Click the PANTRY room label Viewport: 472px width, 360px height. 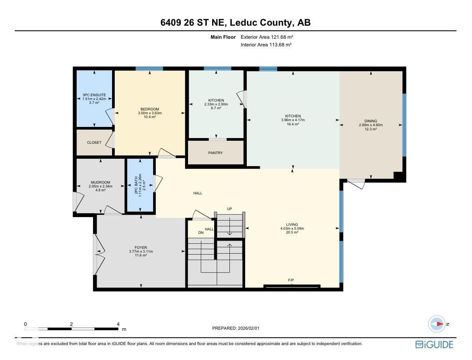click(215, 153)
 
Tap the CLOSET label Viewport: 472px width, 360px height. click(94, 143)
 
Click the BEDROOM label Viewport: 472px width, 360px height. click(150, 109)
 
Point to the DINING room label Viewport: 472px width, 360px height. click(371, 121)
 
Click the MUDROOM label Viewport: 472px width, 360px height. click(101, 182)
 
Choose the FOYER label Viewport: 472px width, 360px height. click(141, 248)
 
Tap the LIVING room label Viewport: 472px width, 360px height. click(292, 225)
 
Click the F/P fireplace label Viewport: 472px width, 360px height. click(291, 280)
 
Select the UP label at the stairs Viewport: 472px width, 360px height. click(229, 209)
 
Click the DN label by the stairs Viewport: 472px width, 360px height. click(201, 233)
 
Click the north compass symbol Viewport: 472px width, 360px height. click(437, 324)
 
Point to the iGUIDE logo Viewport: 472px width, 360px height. click(434, 344)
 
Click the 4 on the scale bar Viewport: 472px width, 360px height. click(118, 324)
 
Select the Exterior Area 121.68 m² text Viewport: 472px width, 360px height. click(267, 37)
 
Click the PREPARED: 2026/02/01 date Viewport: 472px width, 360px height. click(238, 328)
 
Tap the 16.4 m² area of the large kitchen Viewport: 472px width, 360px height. click(292, 124)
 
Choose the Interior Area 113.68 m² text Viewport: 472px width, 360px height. click(266, 45)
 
